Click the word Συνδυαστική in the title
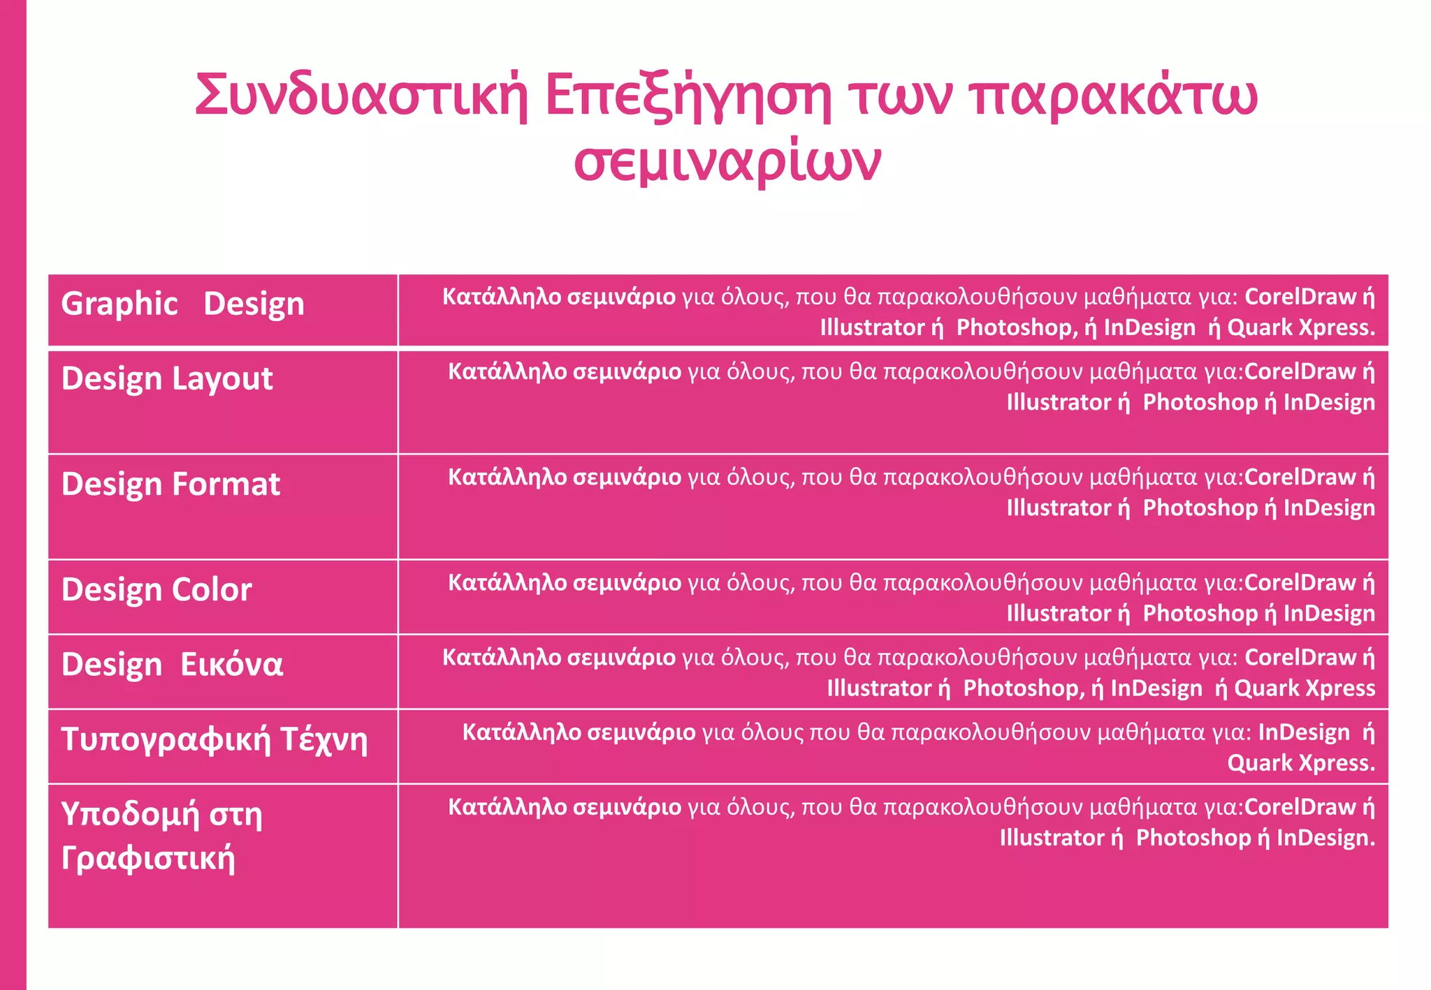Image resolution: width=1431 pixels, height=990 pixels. coord(361,96)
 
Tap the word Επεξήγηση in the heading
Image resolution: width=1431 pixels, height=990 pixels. coord(688,96)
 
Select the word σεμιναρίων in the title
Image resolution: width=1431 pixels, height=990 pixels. coord(727,162)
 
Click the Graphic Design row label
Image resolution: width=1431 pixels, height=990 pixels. coord(183,304)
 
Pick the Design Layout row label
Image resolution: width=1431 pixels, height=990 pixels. coord(167,378)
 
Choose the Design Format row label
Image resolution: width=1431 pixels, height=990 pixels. coord(170,484)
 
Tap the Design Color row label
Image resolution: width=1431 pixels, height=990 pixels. coord(157,590)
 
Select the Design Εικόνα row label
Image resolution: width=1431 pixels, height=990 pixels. coord(172,664)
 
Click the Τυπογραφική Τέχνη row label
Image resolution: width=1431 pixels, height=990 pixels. coord(214,739)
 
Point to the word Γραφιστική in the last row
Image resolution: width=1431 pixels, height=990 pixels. coord(148,857)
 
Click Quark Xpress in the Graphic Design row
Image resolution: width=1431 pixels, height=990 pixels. coord(1301,327)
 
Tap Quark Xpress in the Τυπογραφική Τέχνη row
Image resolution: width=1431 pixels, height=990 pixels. coord(1301,763)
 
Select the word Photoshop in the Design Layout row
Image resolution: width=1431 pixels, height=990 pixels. coord(1200,402)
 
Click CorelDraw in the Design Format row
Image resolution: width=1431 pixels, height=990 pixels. coord(1300,478)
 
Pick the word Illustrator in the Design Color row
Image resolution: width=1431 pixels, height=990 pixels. coord(1059,614)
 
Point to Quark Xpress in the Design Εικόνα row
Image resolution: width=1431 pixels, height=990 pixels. coord(1305,688)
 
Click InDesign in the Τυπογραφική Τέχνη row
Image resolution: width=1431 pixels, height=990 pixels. coord(1304,732)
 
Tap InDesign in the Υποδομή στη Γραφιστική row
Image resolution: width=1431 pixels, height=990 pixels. coord(1325,838)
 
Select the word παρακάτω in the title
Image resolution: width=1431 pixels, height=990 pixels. coord(1114,96)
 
